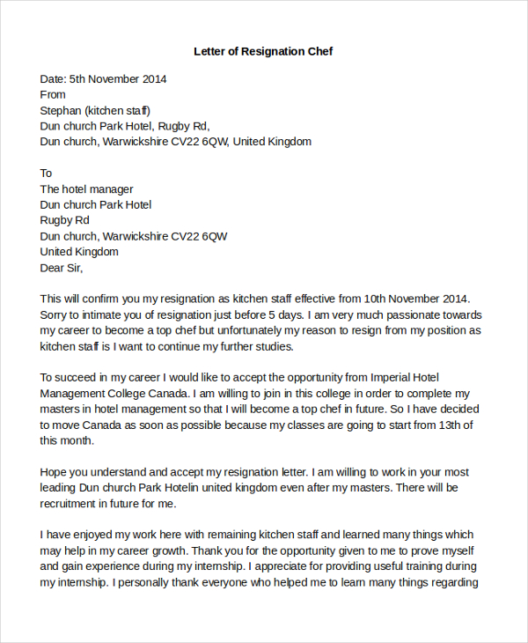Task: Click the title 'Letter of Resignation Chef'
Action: coord(263,51)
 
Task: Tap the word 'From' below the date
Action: coord(53,94)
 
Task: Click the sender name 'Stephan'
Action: coord(61,110)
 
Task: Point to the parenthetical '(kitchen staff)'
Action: coord(118,110)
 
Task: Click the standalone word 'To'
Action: coord(47,174)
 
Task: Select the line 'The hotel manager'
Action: coord(87,189)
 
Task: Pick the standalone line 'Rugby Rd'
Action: coord(64,220)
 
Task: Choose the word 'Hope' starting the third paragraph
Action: coord(55,472)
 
